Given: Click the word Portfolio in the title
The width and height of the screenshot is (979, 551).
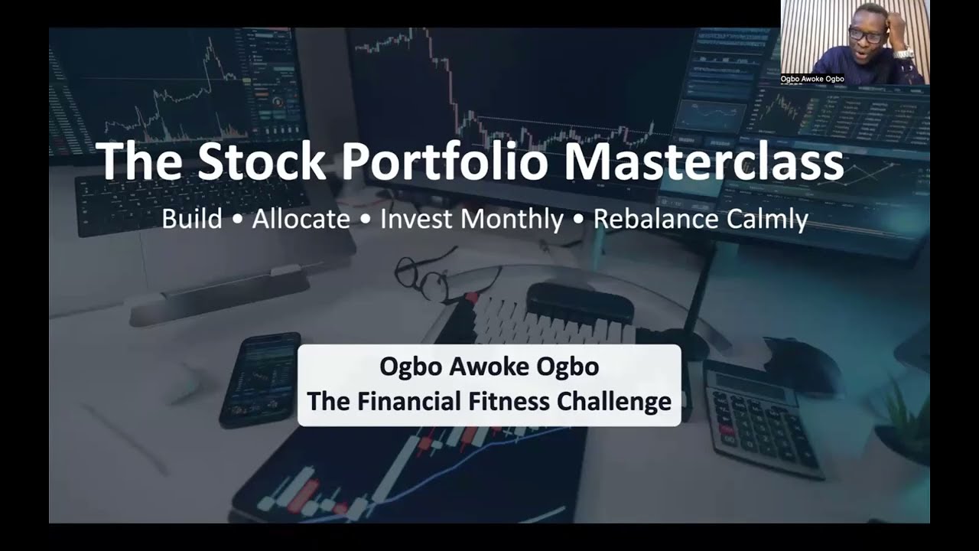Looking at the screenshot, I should point(444,161).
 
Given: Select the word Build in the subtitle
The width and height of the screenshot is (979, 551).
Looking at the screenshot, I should point(191,220).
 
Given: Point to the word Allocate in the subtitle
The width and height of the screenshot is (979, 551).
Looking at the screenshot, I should point(301,220).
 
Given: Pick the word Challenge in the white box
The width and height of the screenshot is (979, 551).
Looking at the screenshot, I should point(625,400).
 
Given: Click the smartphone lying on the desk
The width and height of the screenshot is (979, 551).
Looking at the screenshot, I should point(260,379).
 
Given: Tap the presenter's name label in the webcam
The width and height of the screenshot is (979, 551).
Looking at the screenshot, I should point(812,79).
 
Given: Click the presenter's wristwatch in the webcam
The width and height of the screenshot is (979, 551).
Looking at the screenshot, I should point(903,53).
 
